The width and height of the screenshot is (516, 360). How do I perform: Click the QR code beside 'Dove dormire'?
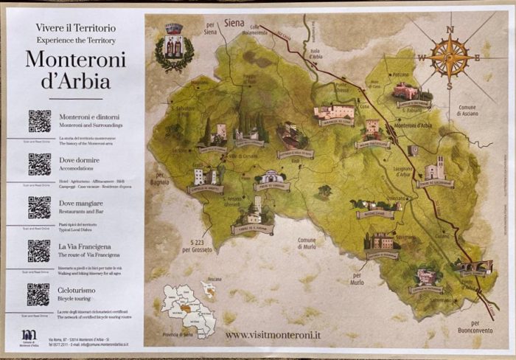39,164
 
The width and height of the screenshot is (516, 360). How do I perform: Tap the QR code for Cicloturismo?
39,294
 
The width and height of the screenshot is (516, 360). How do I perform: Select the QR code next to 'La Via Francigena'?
39,251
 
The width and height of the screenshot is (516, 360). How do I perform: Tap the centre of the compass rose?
449,58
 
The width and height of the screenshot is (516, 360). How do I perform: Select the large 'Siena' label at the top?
234,23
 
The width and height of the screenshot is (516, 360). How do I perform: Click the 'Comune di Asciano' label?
467,111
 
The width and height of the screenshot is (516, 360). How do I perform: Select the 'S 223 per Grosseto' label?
201,246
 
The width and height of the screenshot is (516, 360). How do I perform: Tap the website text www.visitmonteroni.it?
273,334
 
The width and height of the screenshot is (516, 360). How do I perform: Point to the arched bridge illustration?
473,266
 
